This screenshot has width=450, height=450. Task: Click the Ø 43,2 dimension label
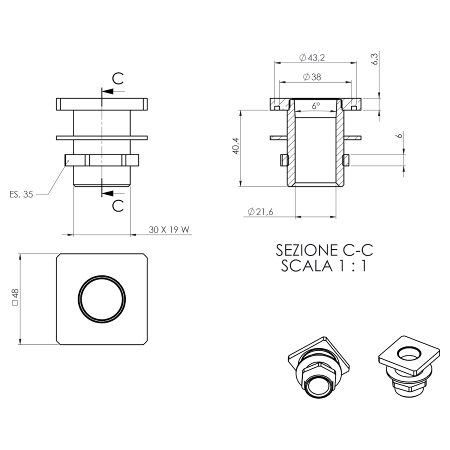pos(312,57)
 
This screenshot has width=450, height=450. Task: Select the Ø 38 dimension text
pos(312,77)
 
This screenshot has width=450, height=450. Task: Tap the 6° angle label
pos(315,106)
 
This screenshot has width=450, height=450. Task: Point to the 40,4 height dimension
pos(236,146)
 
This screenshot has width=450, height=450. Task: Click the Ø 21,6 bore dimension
pos(260,212)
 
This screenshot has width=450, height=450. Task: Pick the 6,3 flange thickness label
pos(375,59)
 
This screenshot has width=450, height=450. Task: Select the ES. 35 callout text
pos(21,194)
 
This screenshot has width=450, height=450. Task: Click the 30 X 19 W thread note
pos(169,229)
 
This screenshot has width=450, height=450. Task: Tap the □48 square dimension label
pos(15,297)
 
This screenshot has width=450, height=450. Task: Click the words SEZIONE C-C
pos(324,250)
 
